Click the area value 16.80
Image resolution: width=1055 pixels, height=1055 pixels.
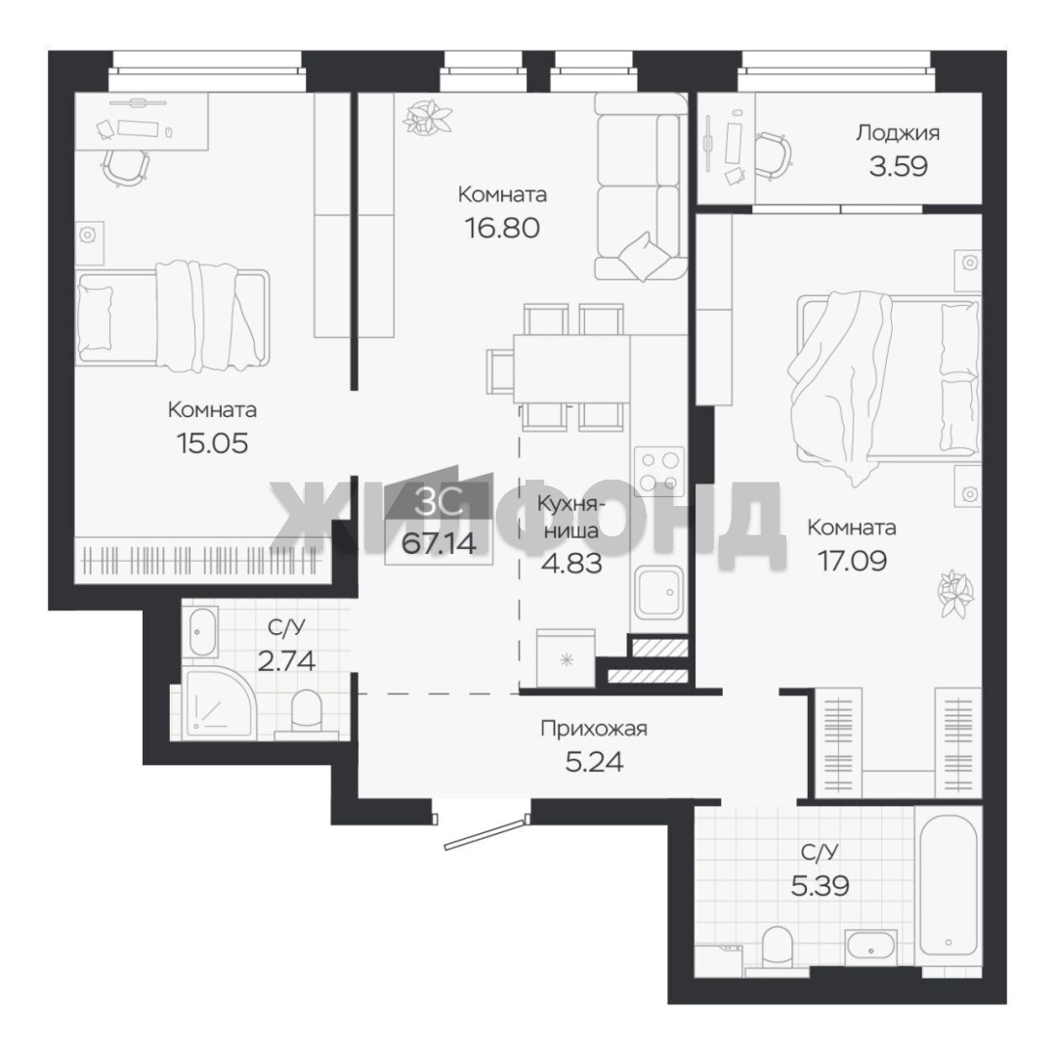502,228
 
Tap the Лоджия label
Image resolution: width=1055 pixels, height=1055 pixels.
898,133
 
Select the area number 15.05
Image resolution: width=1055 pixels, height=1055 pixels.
212,443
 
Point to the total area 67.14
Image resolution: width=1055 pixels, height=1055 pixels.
439,543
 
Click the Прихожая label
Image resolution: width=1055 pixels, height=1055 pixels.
594,729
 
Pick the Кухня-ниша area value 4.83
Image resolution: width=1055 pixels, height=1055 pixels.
571,563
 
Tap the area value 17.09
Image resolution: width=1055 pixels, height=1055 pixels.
852,561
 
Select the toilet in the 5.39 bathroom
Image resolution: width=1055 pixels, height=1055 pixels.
778,948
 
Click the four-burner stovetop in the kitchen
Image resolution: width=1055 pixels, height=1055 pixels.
658,471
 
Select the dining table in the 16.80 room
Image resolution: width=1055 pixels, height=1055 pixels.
570,368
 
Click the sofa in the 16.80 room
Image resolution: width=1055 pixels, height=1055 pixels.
640,187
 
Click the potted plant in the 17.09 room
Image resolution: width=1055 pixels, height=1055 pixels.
955,594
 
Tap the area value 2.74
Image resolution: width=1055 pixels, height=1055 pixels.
286,661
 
